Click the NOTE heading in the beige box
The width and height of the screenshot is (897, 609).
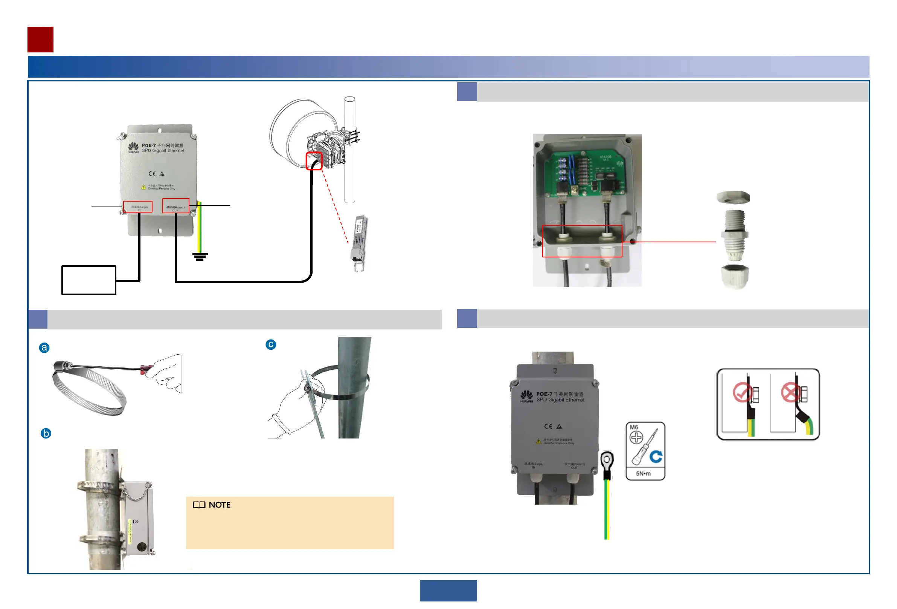tap(219, 505)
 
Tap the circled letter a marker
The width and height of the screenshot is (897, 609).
tap(44, 347)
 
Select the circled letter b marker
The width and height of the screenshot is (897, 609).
tap(46, 433)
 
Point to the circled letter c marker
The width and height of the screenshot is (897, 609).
tap(271, 344)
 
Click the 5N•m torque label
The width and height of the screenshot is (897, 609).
tap(643, 473)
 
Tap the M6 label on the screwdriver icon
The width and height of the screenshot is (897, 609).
tap(634, 427)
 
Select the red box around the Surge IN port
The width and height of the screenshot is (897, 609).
tap(138, 207)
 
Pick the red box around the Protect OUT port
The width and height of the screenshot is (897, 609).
tap(175, 206)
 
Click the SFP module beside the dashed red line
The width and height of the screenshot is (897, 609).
tap(359, 243)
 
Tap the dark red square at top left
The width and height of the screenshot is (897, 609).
tap(41, 40)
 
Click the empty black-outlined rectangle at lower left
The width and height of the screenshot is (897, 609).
tap(89, 280)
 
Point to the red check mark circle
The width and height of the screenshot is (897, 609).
tap(741, 392)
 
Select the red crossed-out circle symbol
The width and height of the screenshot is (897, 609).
tap(790, 392)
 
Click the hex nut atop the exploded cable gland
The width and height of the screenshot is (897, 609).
tap(733, 197)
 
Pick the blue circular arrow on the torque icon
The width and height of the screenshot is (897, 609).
tap(656, 456)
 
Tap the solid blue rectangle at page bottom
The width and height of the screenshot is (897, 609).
tap(448, 591)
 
